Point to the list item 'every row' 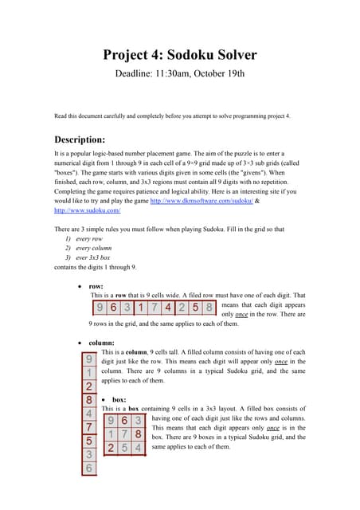click(89, 239)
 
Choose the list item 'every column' click(94, 249)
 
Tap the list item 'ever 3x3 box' click(93, 257)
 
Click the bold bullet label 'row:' click(97, 285)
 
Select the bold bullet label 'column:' click(104, 343)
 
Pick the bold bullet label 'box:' click(119, 399)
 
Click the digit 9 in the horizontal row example click(100, 308)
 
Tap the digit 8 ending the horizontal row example click(209, 308)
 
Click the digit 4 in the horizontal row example click(168, 308)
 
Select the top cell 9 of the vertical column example click(89, 359)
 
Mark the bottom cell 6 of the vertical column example click(89, 469)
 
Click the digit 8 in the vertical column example click(89, 400)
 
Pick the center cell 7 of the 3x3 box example click(124, 434)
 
